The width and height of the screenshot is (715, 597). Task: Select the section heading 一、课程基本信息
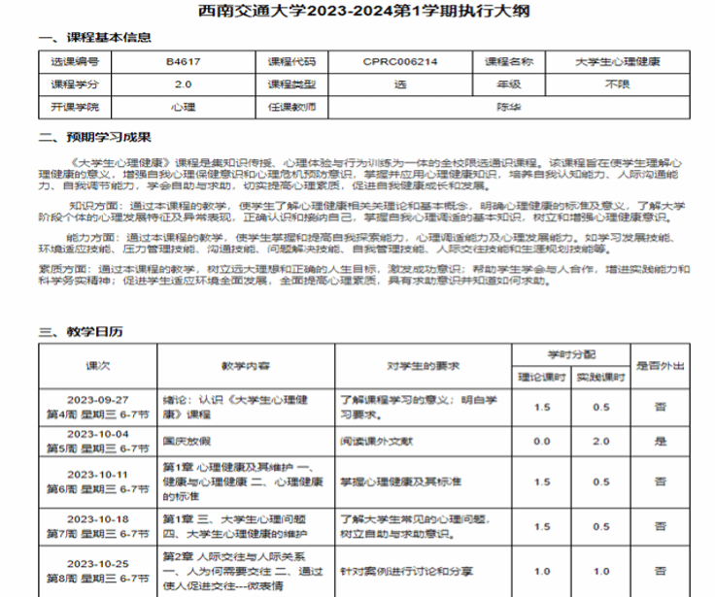click(x=94, y=38)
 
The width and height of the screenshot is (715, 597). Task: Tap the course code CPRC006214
click(x=400, y=62)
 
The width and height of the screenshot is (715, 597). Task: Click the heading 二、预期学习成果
click(x=94, y=137)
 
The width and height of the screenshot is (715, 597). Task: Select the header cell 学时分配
click(x=570, y=355)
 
